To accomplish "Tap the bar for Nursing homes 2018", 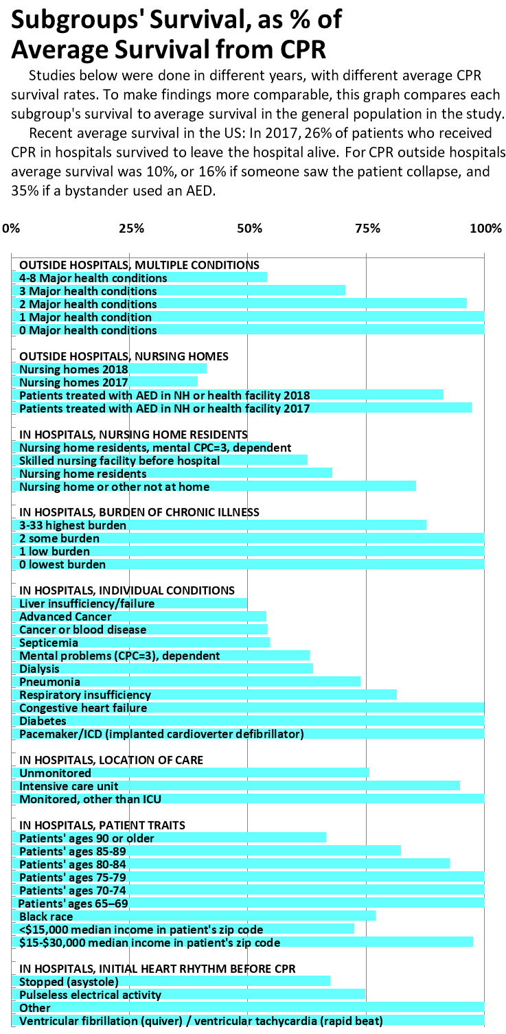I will click(109, 369).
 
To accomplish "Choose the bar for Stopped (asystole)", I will click(171, 981).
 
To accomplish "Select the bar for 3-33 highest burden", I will click(219, 525).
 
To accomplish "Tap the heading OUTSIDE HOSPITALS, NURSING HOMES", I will click(124, 356).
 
